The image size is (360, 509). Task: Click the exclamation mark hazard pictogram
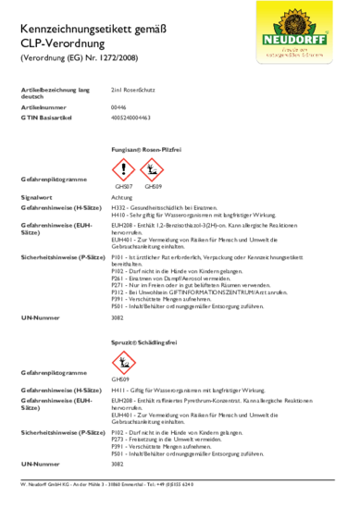point(123,169)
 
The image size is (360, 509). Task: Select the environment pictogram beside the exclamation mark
point(150,169)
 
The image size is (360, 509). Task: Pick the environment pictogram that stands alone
point(123,362)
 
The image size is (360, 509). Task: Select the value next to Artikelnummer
point(116,107)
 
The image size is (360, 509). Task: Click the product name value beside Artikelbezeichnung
point(132,90)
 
